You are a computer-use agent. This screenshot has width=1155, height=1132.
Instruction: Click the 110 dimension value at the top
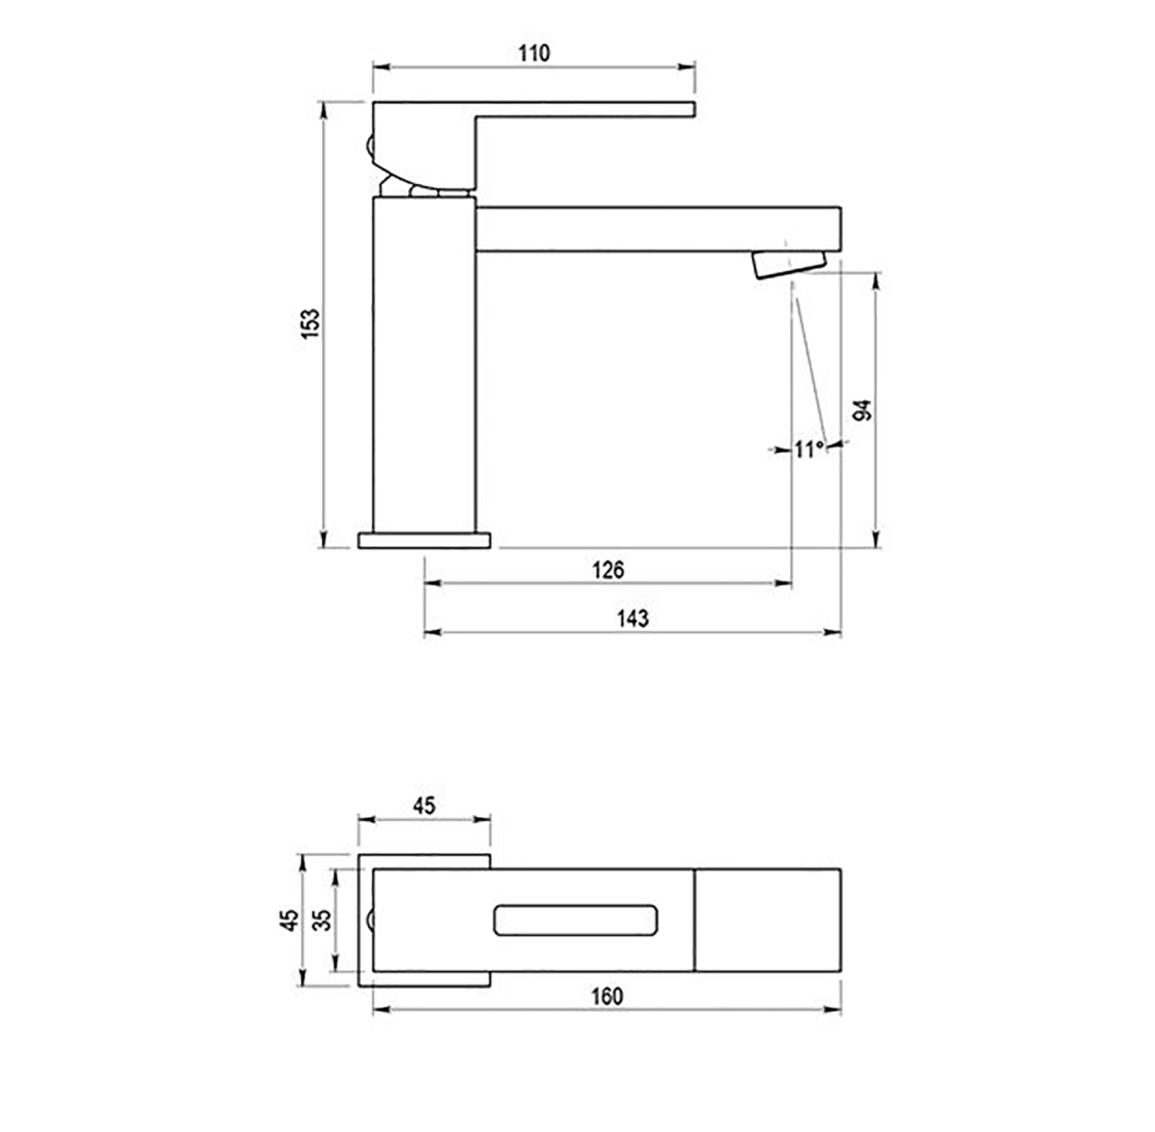click(x=534, y=53)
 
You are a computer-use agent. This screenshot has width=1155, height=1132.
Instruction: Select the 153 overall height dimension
click(x=309, y=324)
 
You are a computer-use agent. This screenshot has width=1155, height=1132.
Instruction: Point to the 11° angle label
click(x=808, y=449)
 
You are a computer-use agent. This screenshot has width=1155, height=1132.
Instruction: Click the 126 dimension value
click(x=608, y=570)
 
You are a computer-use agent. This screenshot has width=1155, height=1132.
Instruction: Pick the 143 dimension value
click(x=632, y=618)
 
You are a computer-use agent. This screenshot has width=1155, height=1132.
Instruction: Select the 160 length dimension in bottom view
click(x=607, y=996)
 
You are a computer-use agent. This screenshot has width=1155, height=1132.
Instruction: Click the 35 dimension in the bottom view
click(x=323, y=919)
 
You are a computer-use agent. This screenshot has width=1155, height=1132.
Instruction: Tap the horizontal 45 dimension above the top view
click(x=423, y=805)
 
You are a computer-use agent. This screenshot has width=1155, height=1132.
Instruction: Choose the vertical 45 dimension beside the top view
click(x=290, y=919)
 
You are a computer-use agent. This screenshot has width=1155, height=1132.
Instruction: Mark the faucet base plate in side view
click(x=424, y=540)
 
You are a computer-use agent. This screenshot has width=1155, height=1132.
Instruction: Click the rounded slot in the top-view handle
click(x=575, y=919)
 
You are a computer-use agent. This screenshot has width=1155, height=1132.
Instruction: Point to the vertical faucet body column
click(x=423, y=362)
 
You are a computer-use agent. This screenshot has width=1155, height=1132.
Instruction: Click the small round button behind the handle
click(x=369, y=144)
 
